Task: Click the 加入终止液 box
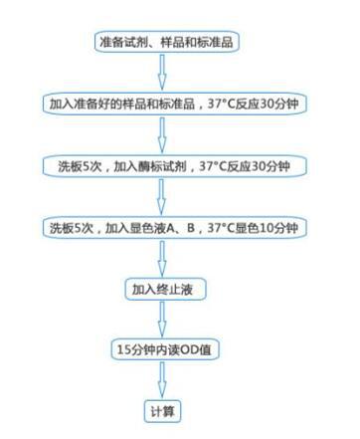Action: [x=164, y=290]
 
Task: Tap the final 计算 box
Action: [x=163, y=409]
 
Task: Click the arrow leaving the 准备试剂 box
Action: [x=164, y=72]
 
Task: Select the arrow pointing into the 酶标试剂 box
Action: [x=164, y=134]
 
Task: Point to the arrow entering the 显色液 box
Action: [x=164, y=197]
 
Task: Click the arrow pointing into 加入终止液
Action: [x=164, y=259]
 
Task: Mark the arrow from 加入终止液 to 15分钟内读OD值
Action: [x=164, y=320]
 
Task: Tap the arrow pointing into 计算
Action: [x=164, y=380]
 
